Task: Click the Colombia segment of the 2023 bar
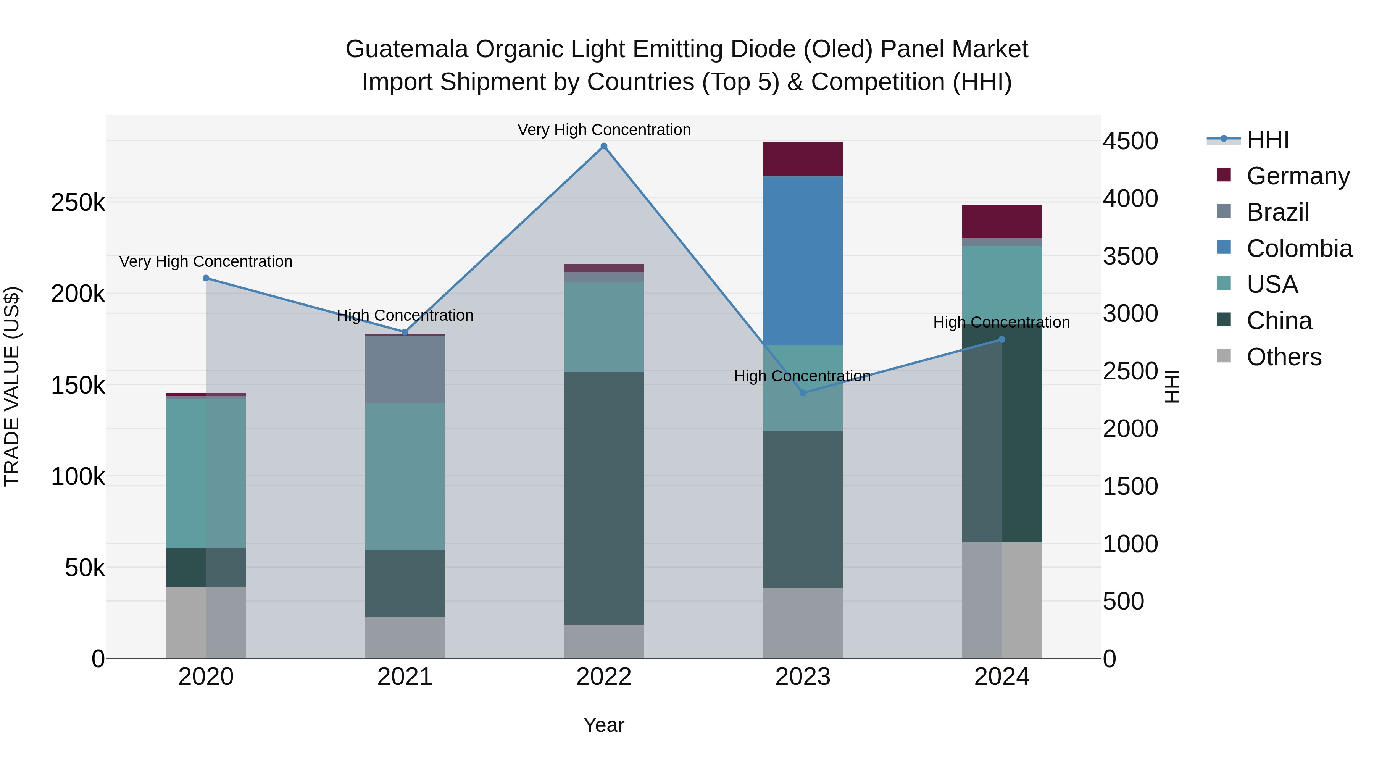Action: (803, 260)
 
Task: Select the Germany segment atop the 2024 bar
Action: (1002, 221)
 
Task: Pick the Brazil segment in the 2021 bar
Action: (405, 369)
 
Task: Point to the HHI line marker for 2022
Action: (604, 146)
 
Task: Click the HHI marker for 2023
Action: (803, 393)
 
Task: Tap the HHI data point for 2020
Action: (206, 278)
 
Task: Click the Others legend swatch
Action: (1224, 357)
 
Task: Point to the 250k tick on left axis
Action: (78, 203)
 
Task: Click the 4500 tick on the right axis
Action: (1130, 141)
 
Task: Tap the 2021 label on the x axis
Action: (405, 677)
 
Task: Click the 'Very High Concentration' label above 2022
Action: (604, 130)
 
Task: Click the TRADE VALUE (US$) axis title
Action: (12, 386)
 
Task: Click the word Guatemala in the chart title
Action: (406, 49)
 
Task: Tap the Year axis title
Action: (603, 725)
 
